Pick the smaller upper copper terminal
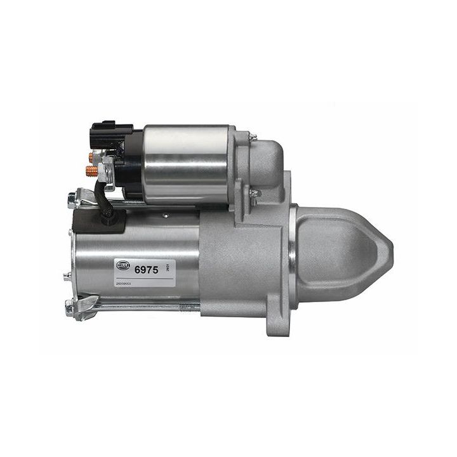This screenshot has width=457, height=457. click(93, 156)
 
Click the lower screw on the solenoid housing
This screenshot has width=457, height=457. click(255, 194)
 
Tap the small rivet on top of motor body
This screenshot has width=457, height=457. click(166, 215)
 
